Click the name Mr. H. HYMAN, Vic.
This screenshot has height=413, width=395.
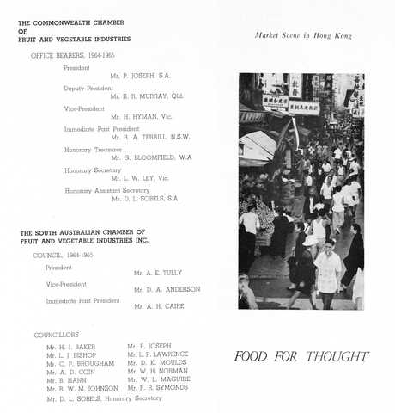143,116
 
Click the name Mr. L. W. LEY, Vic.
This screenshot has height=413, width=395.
140,178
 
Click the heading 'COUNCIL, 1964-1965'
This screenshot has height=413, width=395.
68,255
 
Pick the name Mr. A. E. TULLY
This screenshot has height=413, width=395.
158,272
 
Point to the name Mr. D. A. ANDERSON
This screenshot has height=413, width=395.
167,289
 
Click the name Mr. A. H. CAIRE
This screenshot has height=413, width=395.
158,306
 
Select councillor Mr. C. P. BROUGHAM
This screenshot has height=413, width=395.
80,364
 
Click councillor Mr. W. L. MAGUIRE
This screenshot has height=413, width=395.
159,379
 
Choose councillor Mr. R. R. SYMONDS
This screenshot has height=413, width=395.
158,388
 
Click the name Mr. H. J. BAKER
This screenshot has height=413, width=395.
70,347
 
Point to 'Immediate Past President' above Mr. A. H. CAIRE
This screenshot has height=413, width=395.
82,300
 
